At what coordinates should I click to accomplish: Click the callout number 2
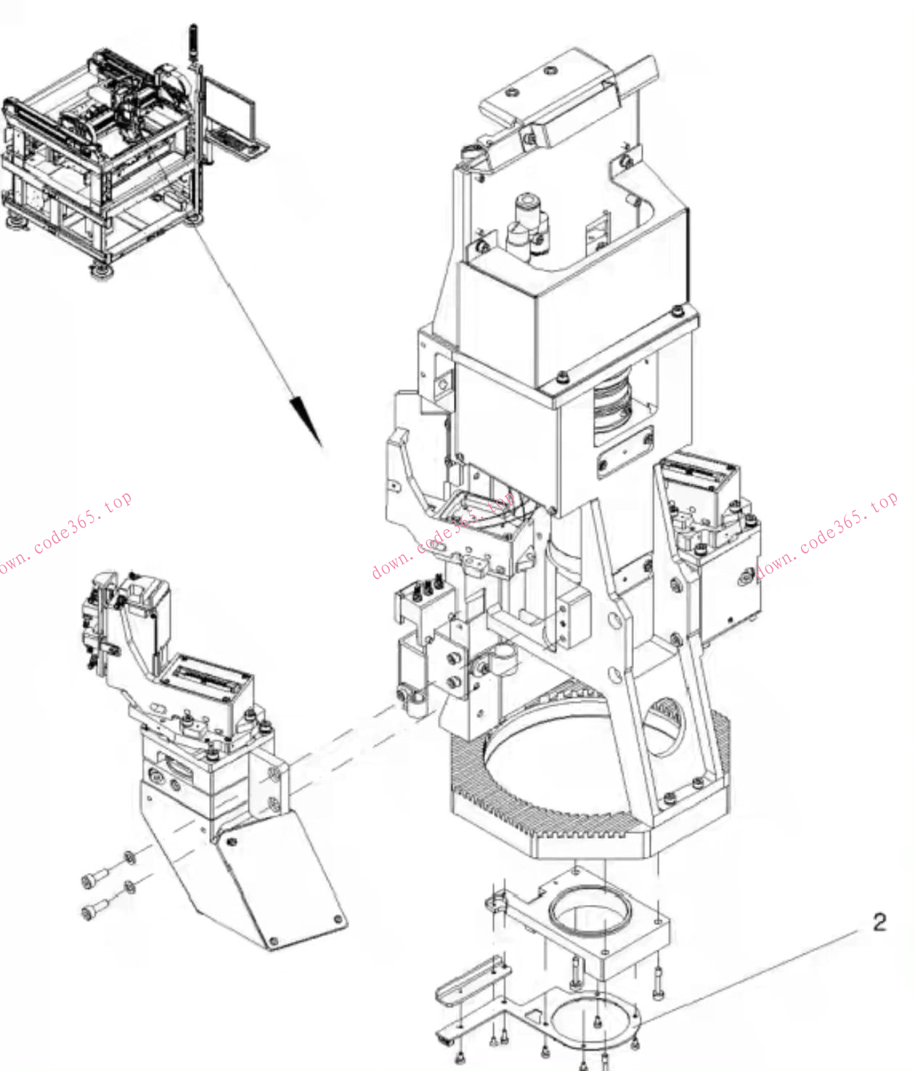click(879, 922)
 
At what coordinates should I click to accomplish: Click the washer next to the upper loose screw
click(129, 858)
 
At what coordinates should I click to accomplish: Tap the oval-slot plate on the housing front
click(625, 453)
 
